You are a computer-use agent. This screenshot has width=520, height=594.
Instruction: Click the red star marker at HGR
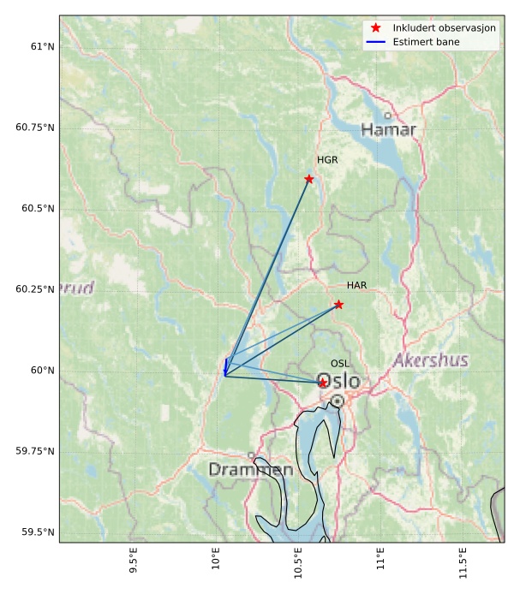(x=309, y=179)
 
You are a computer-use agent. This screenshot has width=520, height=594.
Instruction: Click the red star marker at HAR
(x=339, y=305)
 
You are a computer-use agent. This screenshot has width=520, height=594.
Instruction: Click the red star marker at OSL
(x=323, y=383)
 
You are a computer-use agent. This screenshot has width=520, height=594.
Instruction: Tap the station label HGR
(x=327, y=160)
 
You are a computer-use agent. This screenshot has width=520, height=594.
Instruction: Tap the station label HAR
(x=356, y=285)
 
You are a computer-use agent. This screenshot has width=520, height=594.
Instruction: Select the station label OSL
(x=340, y=364)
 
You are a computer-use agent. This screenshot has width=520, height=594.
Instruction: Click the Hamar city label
(x=388, y=130)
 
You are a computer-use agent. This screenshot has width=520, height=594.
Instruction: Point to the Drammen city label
(x=250, y=470)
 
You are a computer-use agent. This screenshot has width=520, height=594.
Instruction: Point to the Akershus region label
(x=431, y=361)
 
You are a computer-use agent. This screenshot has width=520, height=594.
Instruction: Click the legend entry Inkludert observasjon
(x=445, y=28)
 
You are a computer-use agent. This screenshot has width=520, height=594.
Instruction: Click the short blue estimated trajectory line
(x=226, y=366)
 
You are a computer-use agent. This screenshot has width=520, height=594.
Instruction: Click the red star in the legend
(x=375, y=28)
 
